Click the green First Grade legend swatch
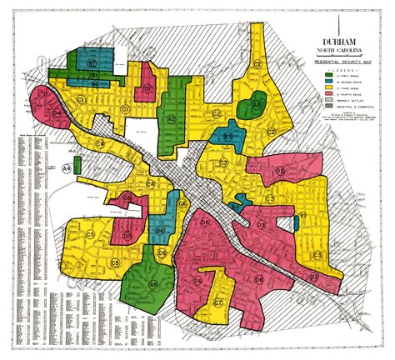(327, 76)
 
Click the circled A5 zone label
(153, 284)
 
